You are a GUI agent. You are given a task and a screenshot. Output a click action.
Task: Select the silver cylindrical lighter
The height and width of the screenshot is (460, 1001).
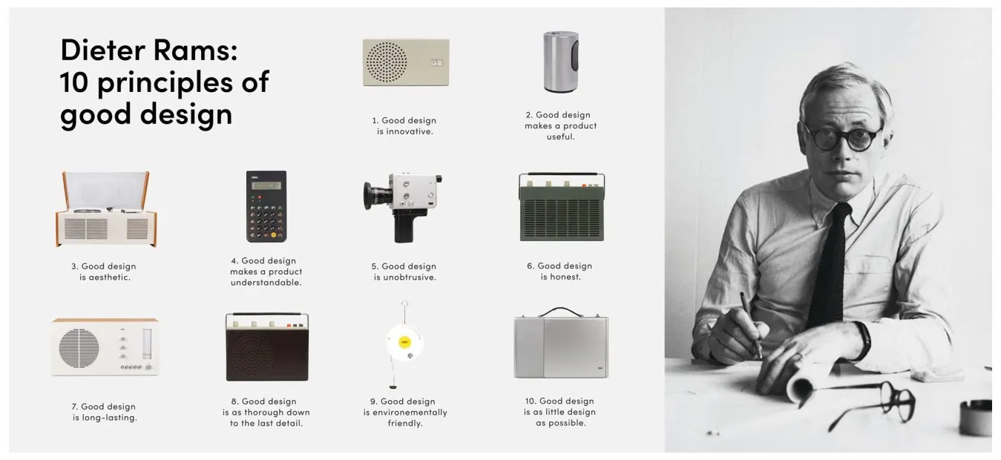[561, 62]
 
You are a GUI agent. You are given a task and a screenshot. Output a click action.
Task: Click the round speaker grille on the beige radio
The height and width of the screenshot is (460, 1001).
[387, 62]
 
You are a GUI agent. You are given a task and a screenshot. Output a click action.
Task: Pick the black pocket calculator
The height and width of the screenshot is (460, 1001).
[266, 206]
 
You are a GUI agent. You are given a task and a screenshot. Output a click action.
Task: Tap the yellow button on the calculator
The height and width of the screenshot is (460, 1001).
[274, 235]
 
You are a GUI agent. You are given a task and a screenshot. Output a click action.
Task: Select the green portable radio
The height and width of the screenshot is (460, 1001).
[562, 207]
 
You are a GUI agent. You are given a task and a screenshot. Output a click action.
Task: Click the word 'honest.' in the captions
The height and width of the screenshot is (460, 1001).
[561, 277]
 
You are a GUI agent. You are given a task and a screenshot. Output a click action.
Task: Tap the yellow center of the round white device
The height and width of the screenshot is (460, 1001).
[404, 343]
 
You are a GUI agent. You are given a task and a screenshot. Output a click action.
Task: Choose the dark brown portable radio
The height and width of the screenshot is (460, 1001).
[267, 347]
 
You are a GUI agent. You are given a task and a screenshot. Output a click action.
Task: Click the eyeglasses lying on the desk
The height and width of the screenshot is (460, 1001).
[871, 401]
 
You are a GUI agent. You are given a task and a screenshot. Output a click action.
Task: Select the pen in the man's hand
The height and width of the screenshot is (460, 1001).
[751, 325]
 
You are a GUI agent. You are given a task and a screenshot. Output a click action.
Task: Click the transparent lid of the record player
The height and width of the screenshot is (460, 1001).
[106, 190]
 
